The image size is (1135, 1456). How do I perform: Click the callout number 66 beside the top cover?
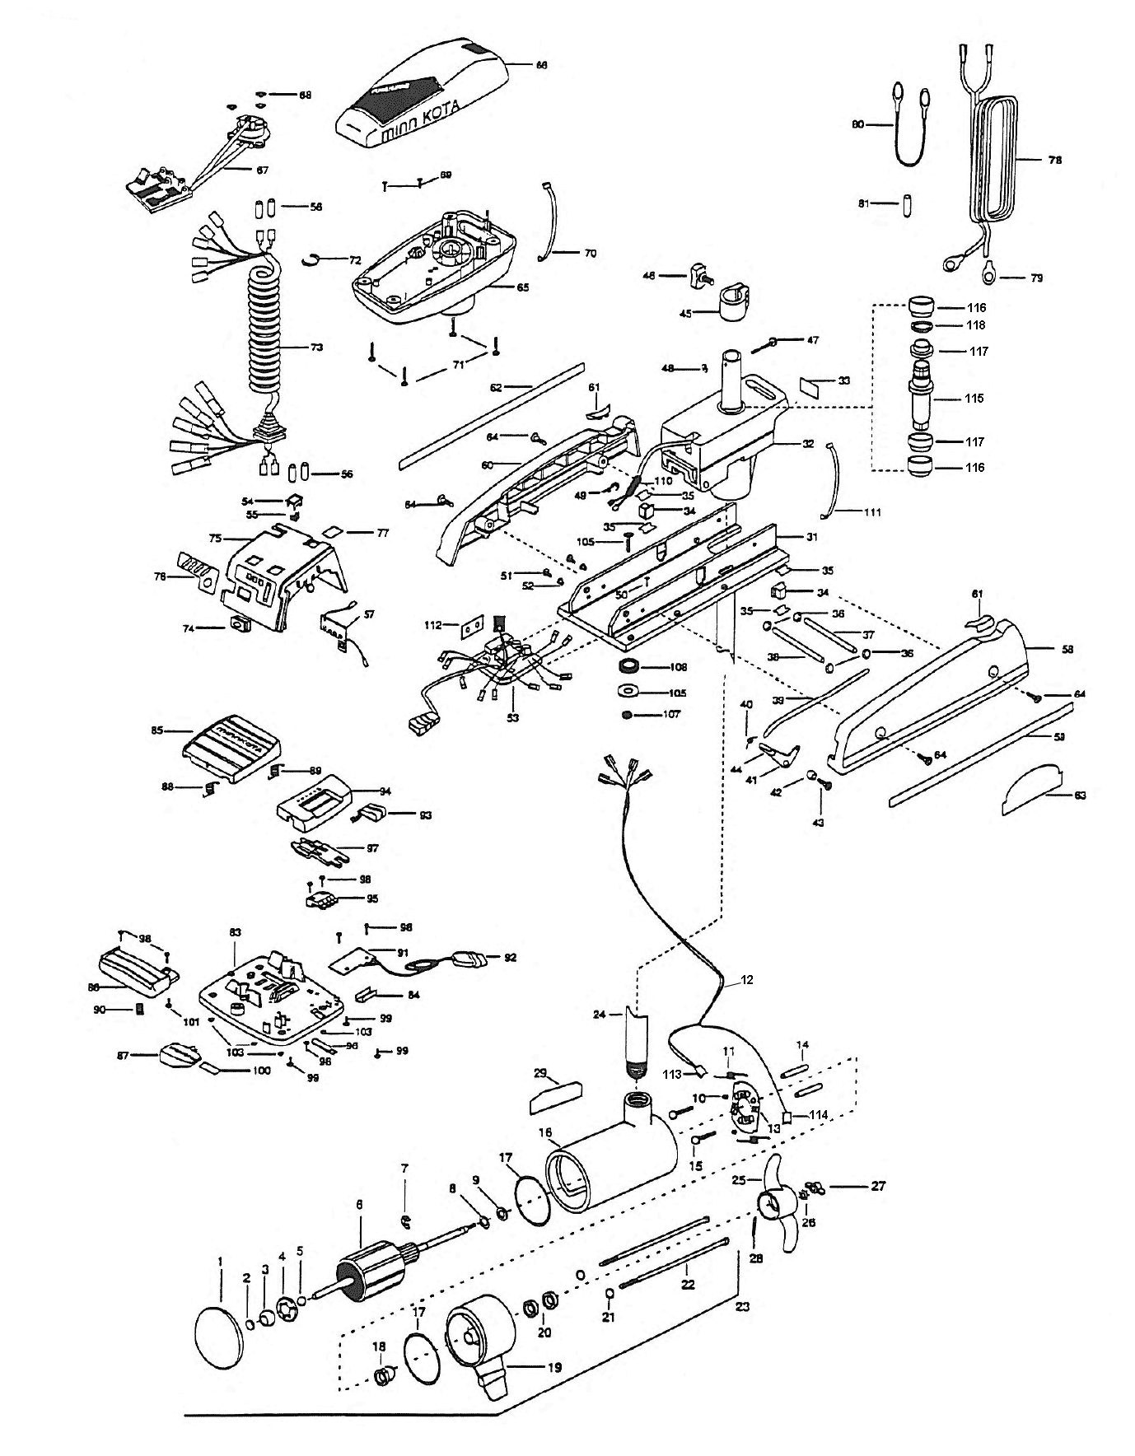tap(541, 64)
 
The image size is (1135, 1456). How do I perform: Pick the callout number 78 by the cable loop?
tap(1054, 160)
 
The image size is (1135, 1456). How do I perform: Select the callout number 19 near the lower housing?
tap(554, 1367)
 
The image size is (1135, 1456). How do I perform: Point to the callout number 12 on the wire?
tap(746, 980)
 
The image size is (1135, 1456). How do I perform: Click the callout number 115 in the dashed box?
tap(975, 398)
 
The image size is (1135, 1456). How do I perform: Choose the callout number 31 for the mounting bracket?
tap(811, 536)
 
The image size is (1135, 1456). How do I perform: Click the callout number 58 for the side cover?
tap(1067, 649)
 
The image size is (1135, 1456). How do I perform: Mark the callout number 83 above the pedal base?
tap(235, 931)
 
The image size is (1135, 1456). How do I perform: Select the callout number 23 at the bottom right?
tap(742, 1306)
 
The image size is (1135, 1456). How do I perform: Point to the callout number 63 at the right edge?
tap(1080, 795)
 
